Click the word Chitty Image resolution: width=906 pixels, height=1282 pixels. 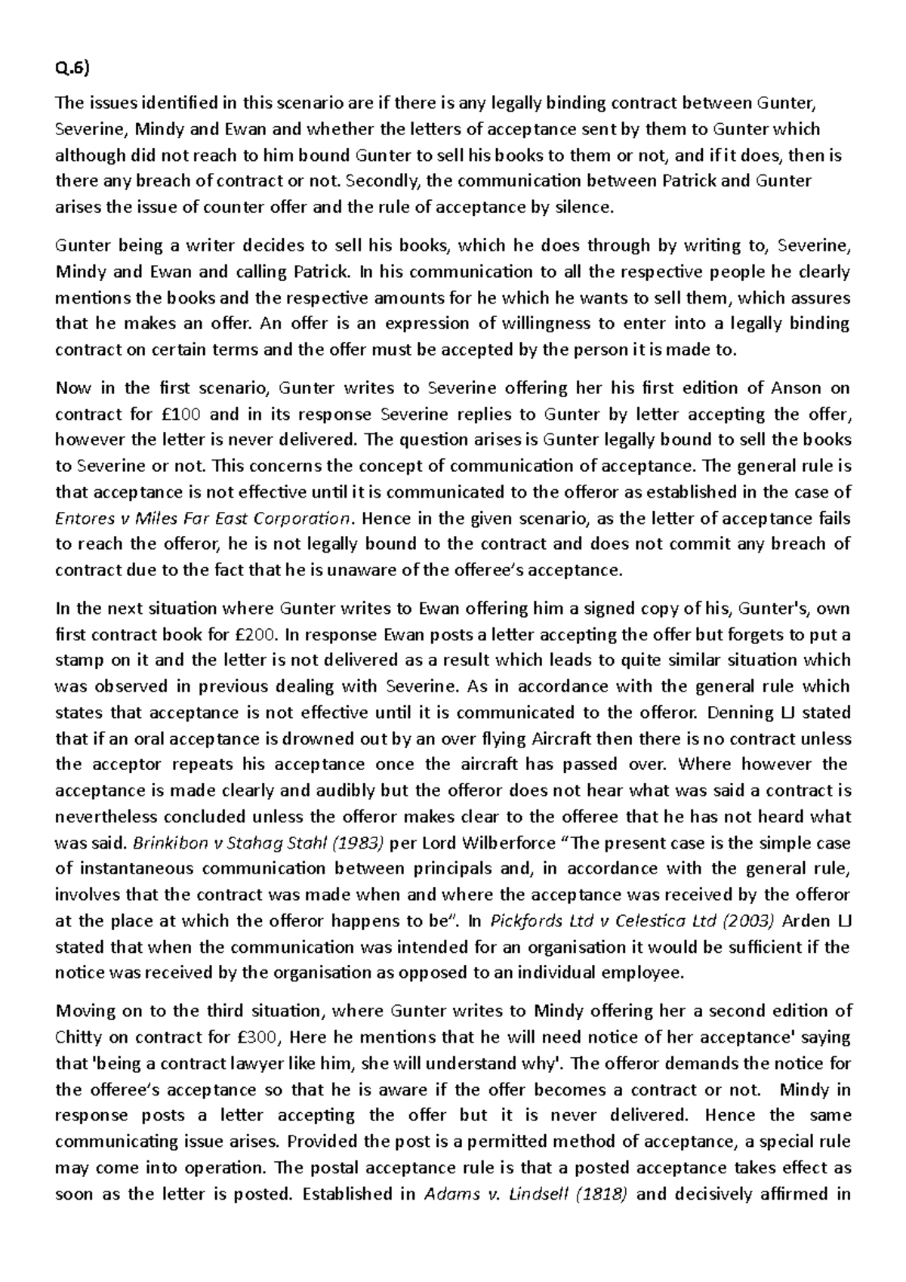click(79, 1037)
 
